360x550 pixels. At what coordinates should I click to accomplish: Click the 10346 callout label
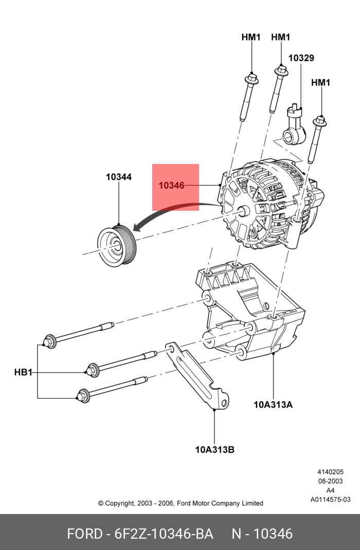click(x=171, y=186)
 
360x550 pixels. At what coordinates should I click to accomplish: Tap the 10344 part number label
click(x=119, y=177)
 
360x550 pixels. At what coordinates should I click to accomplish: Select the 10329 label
click(x=301, y=58)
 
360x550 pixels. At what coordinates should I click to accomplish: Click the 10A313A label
click(x=273, y=404)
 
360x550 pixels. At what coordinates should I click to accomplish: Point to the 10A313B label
click(x=214, y=449)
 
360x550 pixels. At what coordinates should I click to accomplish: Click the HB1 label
click(x=23, y=372)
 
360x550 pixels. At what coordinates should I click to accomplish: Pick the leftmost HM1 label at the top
click(x=251, y=37)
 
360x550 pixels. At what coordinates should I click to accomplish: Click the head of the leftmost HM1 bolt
click(x=251, y=78)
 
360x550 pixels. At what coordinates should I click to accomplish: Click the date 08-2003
click(x=330, y=481)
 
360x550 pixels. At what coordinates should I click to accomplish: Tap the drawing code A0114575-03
click(x=330, y=499)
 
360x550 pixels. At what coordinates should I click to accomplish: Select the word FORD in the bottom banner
click(x=84, y=534)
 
